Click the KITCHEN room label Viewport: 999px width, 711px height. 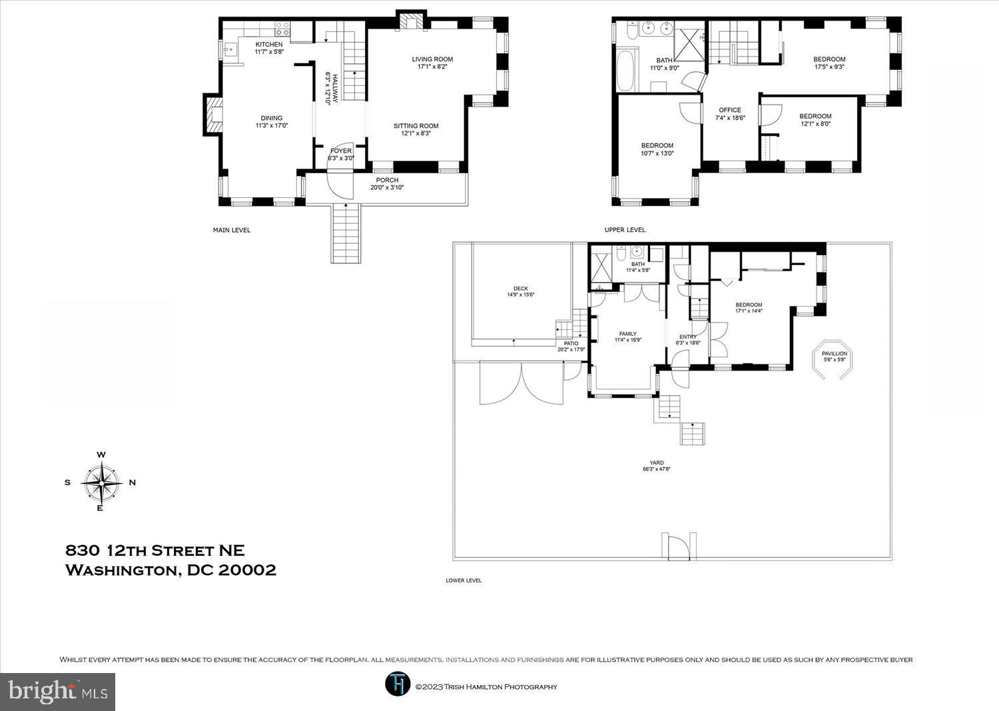pos(269,45)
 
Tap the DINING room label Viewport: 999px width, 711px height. pos(272,118)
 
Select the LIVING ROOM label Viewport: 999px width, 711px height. pos(432,59)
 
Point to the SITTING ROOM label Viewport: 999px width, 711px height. pos(416,126)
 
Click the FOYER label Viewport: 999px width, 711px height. pos(341,151)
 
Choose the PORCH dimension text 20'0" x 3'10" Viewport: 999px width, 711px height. pos(387,187)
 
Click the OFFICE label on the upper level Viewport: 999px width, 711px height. pos(730,110)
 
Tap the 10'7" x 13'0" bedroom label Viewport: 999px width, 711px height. pos(657,153)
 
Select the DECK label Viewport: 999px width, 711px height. pos(520,289)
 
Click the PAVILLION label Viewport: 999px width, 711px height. pos(834,353)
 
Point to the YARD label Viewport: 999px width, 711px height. pos(657,463)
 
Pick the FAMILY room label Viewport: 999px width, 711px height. pos(628,334)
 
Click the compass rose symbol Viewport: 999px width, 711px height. pos(102,483)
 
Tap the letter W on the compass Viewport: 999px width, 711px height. pos(101,455)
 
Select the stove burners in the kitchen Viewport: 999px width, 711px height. pos(282,29)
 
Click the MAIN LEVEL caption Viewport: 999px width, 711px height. pos(232,231)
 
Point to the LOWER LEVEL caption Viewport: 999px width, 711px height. pos(464,580)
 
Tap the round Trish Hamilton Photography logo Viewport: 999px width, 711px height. pos(397,684)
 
